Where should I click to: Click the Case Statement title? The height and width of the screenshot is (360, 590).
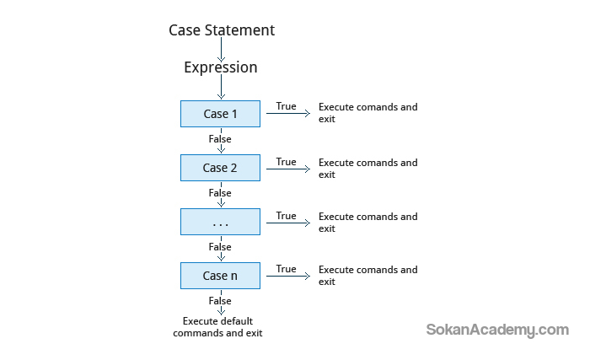click(x=222, y=30)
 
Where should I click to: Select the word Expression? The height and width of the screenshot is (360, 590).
click(x=221, y=67)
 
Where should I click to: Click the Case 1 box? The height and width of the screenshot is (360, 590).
click(x=220, y=114)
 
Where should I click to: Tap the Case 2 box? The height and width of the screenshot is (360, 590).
click(x=220, y=168)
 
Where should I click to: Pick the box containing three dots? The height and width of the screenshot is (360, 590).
click(x=220, y=222)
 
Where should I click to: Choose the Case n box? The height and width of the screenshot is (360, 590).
click(x=220, y=276)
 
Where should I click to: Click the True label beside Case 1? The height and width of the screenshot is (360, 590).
click(x=286, y=106)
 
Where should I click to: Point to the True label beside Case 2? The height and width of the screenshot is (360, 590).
click(x=286, y=162)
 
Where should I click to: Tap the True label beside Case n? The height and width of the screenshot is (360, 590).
click(x=286, y=269)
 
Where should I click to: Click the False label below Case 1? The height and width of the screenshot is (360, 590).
click(x=220, y=139)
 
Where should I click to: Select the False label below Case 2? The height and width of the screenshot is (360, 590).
click(x=220, y=193)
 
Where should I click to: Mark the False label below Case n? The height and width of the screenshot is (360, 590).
click(x=220, y=301)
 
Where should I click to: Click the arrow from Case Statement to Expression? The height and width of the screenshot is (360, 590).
click(x=221, y=50)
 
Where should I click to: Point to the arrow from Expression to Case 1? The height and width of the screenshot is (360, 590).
click(x=221, y=87)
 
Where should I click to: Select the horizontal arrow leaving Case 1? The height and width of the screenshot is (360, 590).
click(x=288, y=113)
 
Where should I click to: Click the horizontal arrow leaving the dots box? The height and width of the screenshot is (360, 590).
click(x=288, y=223)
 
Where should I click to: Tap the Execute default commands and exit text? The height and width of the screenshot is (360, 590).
click(x=217, y=327)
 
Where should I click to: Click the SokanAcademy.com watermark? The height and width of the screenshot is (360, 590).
click(x=497, y=330)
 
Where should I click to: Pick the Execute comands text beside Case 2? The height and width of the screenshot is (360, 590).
click(x=368, y=169)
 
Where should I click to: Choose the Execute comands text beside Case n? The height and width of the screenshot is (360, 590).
click(x=368, y=276)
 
